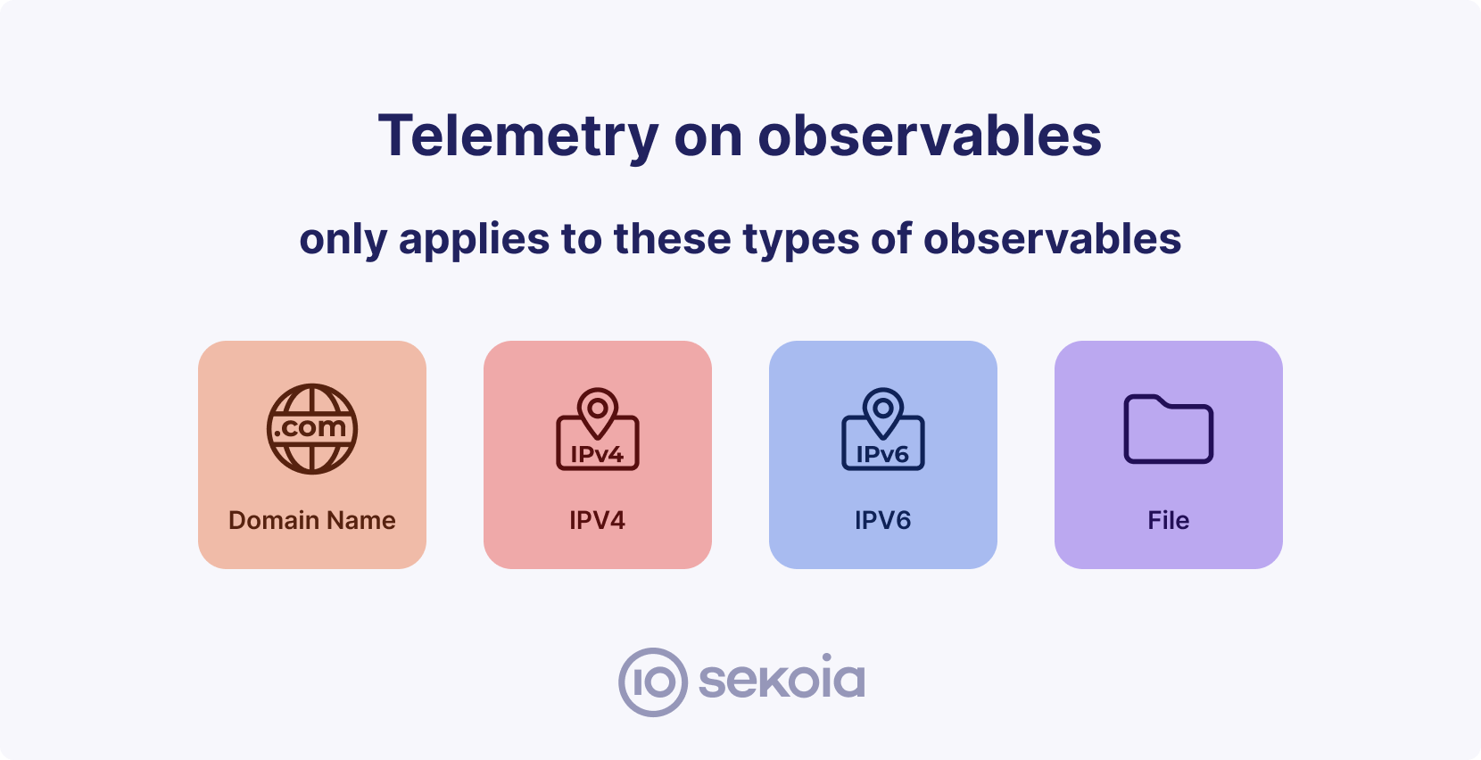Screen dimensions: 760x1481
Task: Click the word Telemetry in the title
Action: [518, 136]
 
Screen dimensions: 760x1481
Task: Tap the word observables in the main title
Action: [930, 136]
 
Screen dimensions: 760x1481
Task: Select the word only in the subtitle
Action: [343, 240]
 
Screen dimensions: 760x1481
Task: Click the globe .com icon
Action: [312, 429]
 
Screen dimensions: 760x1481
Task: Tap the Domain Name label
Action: [312, 520]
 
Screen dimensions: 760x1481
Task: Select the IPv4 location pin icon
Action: [598, 430]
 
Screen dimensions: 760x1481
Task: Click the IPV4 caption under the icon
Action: [598, 520]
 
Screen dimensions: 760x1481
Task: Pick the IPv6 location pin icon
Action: [883, 430]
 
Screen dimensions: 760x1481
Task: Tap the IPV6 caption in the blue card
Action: [883, 520]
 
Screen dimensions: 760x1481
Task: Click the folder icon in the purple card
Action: [1169, 429]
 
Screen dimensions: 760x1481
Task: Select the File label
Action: [1169, 520]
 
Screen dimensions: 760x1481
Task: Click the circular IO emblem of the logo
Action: [653, 682]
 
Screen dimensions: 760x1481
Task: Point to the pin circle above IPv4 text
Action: [598, 409]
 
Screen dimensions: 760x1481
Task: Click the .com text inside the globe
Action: [310, 427]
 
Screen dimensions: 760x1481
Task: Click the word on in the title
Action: [707, 136]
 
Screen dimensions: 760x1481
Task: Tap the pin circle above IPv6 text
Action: [883, 409]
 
